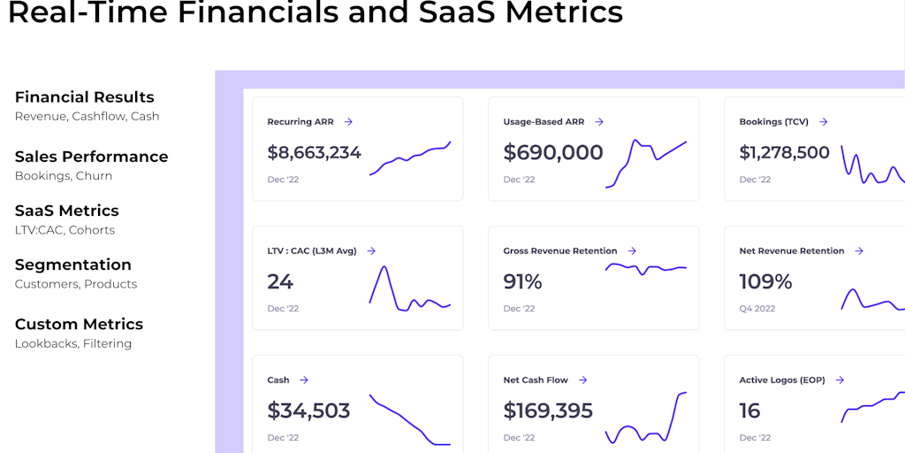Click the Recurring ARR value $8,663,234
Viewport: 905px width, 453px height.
tap(314, 152)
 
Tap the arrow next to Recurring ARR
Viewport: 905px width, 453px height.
tap(348, 122)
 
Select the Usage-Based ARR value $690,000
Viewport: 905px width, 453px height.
tap(553, 152)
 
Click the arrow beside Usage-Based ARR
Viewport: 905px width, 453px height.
tap(599, 122)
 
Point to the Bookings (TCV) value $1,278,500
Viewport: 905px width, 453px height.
tap(784, 152)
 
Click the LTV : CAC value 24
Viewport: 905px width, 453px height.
tap(280, 281)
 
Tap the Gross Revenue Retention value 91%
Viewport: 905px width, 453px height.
tap(522, 281)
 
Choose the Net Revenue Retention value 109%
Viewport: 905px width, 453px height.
tap(765, 281)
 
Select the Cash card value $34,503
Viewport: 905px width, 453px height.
tap(308, 411)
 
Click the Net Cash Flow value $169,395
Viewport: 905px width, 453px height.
tap(548, 411)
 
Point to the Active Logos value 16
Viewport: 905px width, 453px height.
tap(749, 411)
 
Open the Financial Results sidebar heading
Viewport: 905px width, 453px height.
tap(84, 97)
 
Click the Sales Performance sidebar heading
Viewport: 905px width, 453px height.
tap(91, 157)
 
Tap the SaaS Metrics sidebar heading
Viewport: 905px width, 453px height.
tap(66, 211)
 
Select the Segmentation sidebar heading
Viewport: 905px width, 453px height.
tap(72, 265)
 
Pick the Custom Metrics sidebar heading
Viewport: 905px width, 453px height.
tap(79, 324)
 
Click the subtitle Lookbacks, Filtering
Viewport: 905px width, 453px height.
tap(73, 343)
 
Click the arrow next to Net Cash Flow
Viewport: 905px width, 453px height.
tap(583, 380)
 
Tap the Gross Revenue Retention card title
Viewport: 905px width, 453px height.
tap(559, 251)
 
